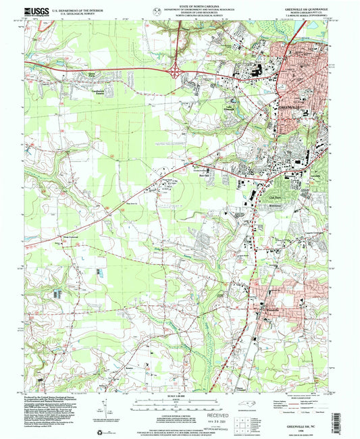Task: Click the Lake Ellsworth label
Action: pos(230,107)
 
